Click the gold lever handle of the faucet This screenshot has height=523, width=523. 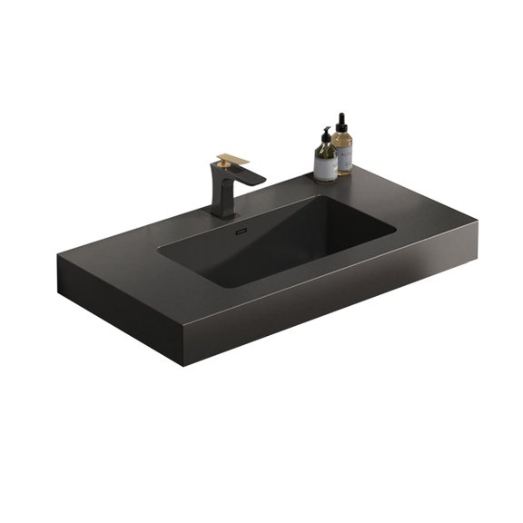click(233, 159)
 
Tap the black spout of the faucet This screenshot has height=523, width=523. click(249, 179)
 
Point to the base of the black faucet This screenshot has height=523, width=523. click(222, 214)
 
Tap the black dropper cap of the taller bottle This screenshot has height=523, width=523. click(342, 121)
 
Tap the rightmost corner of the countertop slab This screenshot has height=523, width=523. click(478, 216)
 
